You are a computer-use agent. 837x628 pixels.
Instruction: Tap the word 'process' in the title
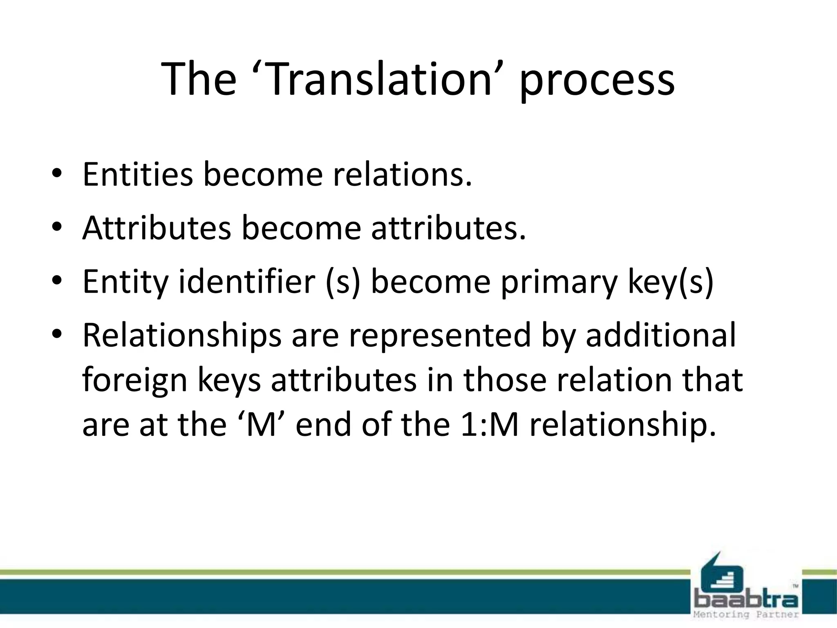pyautogui.click(x=597, y=82)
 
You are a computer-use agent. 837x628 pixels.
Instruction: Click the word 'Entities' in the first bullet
pyautogui.click(x=138, y=175)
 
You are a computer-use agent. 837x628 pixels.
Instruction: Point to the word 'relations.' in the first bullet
pyautogui.click(x=403, y=175)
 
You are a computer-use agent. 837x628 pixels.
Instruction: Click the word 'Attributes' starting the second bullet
pyautogui.click(x=157, y=228)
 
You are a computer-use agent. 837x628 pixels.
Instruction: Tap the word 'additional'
pyautogui.click(x=660, y=335)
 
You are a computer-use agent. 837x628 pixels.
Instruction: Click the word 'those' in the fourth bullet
pyautogui.click(x=505, y=380)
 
